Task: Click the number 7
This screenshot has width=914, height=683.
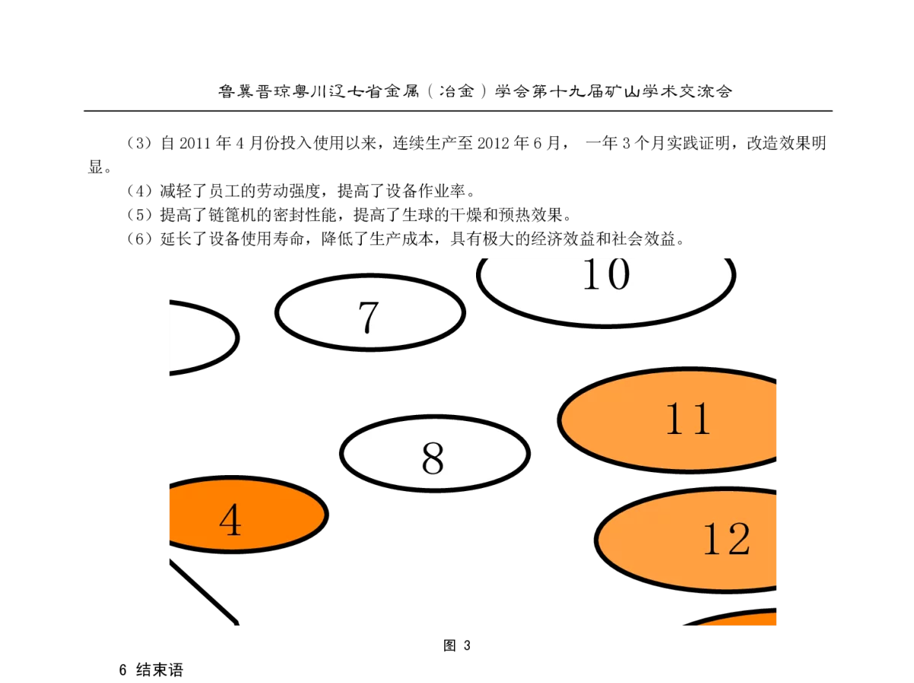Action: coord(368,318)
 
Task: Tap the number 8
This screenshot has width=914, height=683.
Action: coord(432,459)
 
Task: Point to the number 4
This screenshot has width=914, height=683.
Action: coord(230,522)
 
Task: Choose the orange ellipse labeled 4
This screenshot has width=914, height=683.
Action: coord(282,514)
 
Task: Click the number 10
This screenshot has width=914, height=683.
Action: coord(606,274)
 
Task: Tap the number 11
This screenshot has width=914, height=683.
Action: coord(688,419)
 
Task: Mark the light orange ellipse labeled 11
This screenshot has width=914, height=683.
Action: coord(609,420)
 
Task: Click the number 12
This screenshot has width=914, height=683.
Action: coord(726,540)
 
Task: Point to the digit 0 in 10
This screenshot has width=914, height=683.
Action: coord(618,274)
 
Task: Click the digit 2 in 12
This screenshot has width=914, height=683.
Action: coord(738,540)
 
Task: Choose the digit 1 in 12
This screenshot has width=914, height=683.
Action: coord(713,540)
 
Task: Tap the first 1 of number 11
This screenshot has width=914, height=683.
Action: coord(676,419)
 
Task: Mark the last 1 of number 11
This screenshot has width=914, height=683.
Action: coord(701,419)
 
